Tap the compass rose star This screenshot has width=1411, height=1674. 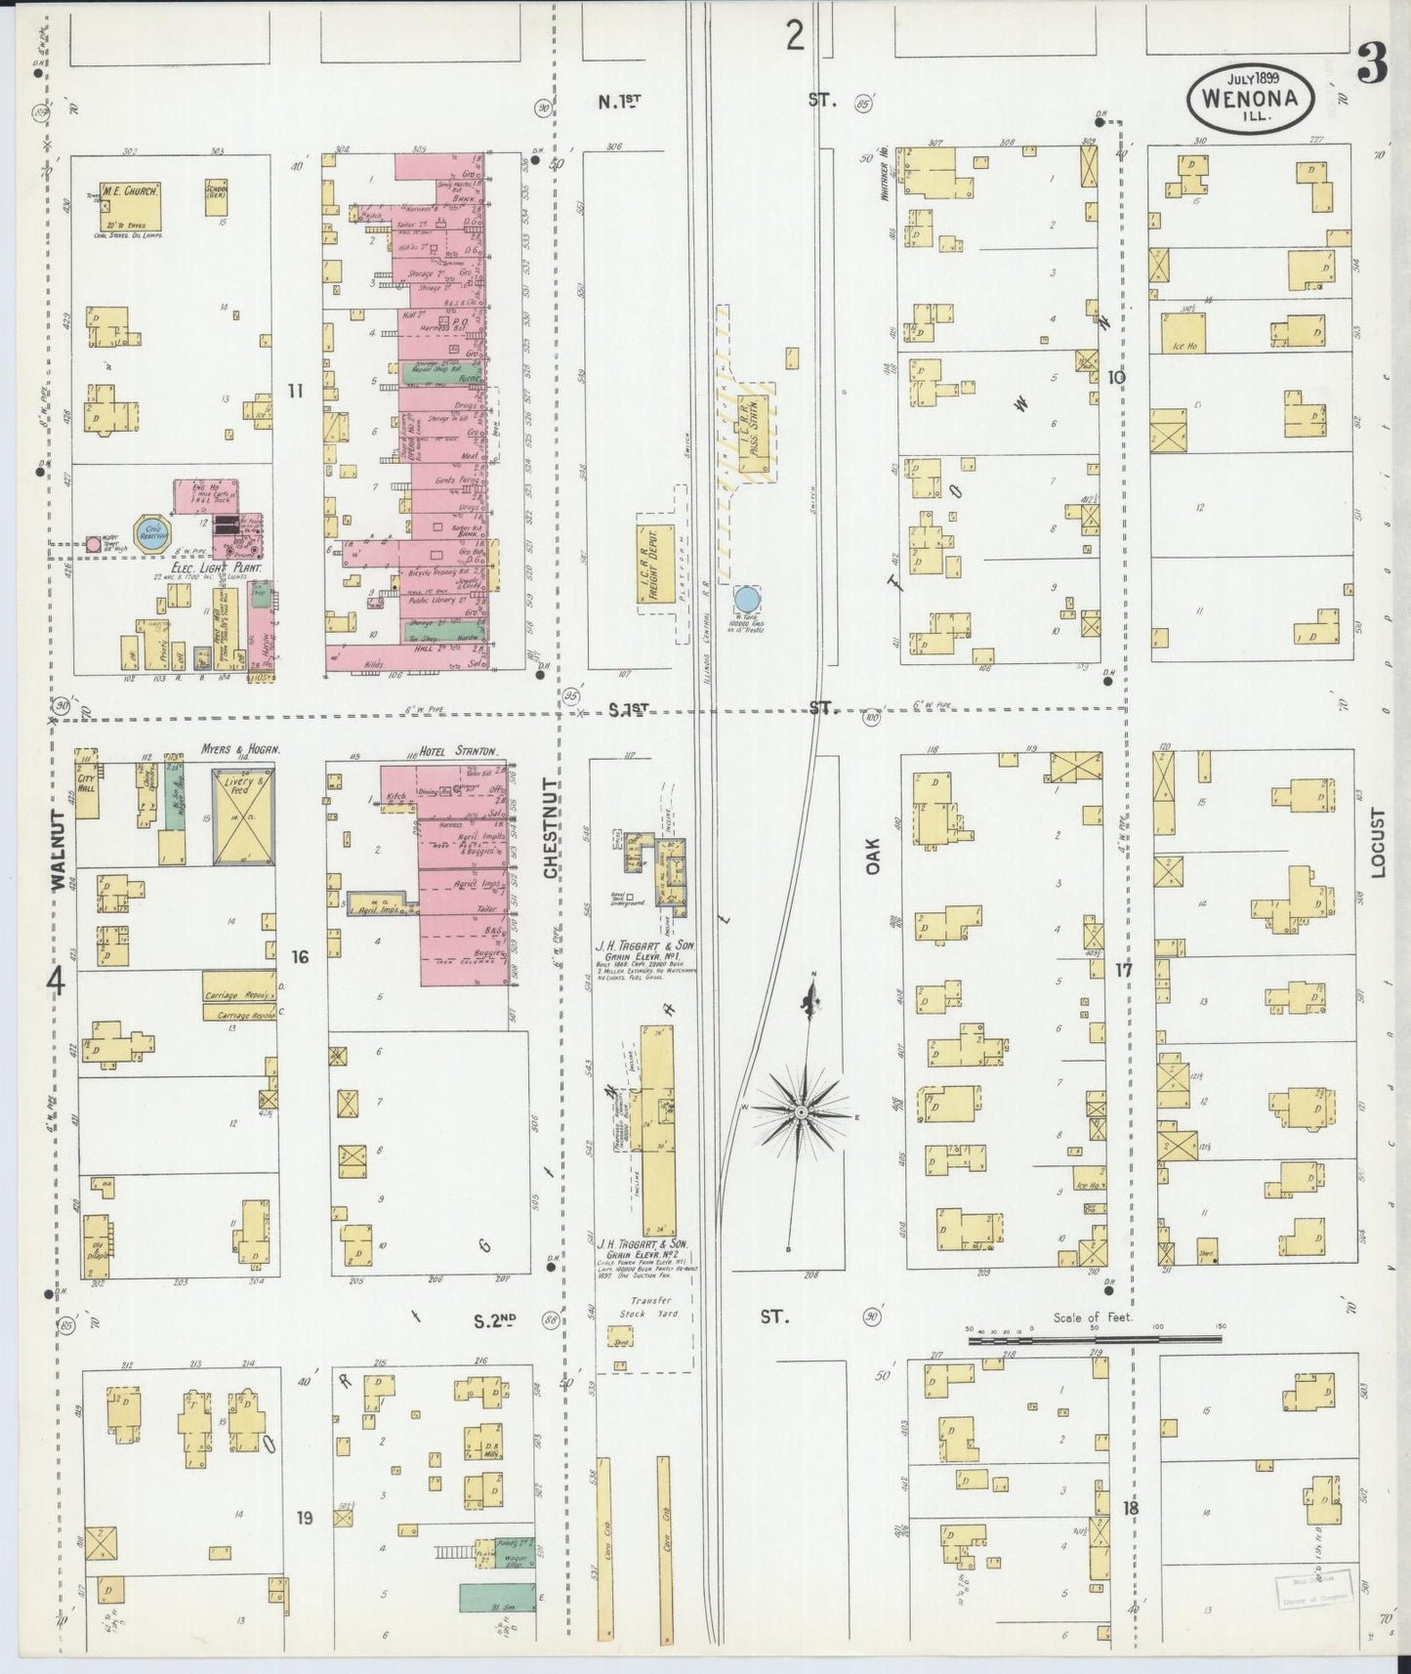[x=801, y=1112]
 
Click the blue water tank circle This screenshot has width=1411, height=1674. [x=747, y=599]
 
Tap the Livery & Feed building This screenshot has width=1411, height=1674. [x=243, y=816]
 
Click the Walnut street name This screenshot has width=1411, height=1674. [x=58, y=849]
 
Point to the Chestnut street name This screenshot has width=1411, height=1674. [x=550, y=828]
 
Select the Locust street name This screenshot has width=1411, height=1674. [x=1377, y=842]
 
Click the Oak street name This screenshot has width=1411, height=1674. [x=873, y=855]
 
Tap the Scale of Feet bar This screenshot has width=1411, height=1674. [x=1094, y=1341]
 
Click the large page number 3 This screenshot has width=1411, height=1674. [x=1372, y=68]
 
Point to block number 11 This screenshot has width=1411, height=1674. [x=296, y=391]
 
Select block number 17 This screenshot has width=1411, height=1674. [x=1123, y=971]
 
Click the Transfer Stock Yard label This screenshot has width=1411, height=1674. [x=650, y=1308]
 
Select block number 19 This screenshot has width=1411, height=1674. [x=305, y=1518]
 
